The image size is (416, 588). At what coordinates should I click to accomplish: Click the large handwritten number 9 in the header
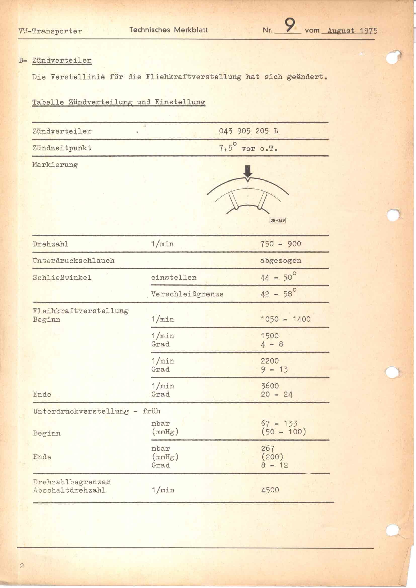coord(289,26)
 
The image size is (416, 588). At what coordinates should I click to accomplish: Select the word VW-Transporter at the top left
coord(50,31)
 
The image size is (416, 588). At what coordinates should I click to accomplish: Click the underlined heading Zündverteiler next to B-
coord(62,60)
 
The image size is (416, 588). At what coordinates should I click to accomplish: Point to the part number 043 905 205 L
coord(248,131)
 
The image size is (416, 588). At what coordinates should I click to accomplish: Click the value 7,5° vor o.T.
coord(248,148)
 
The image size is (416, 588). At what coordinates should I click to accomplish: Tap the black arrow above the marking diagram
coord(248,172)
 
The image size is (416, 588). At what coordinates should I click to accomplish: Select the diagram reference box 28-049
coord(278,220)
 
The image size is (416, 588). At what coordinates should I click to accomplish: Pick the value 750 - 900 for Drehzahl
coord(280,244)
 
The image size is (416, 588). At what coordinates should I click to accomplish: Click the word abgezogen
coord(280,261)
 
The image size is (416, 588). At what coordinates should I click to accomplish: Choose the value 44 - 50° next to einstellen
coord(278,277)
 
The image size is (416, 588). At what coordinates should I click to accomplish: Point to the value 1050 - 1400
coord(285,319)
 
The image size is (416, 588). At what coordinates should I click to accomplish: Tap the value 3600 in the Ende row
coord(270,386)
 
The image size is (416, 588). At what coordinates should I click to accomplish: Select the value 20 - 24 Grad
coord(276,394)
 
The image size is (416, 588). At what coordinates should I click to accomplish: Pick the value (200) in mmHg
coord(272,457)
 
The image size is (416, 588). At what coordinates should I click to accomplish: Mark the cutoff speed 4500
coord(270,490)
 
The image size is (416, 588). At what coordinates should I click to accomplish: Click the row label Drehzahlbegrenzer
coord(72,482)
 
